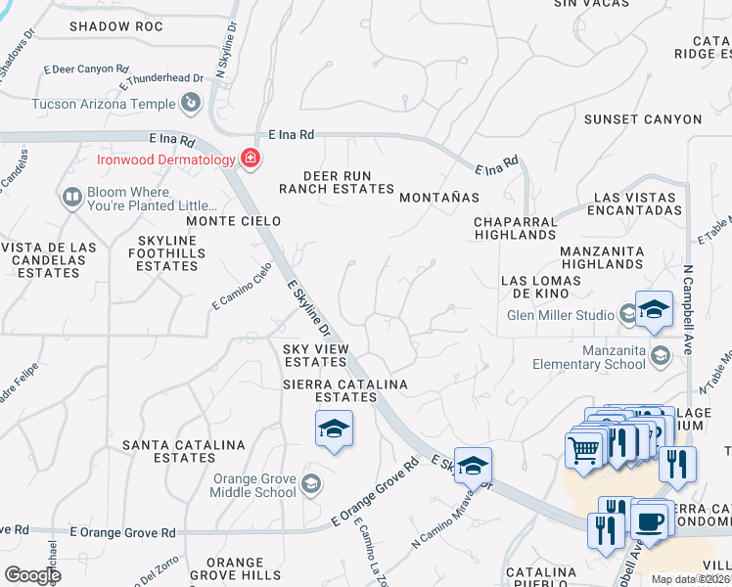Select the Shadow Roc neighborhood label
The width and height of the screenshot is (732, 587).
tap(115, 26)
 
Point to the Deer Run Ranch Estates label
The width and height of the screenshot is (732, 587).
tap(336, 181)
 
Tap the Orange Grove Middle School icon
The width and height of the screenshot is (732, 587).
tap(310, 481)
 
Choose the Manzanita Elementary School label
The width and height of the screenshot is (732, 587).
tap(589, 357)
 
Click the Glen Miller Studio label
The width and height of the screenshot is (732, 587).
tap(561, 315)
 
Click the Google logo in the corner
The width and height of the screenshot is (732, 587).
tap(32, 575)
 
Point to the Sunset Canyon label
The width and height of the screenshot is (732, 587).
tap(643, 119)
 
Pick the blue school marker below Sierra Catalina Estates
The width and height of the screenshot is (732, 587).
tap(334, 429)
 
